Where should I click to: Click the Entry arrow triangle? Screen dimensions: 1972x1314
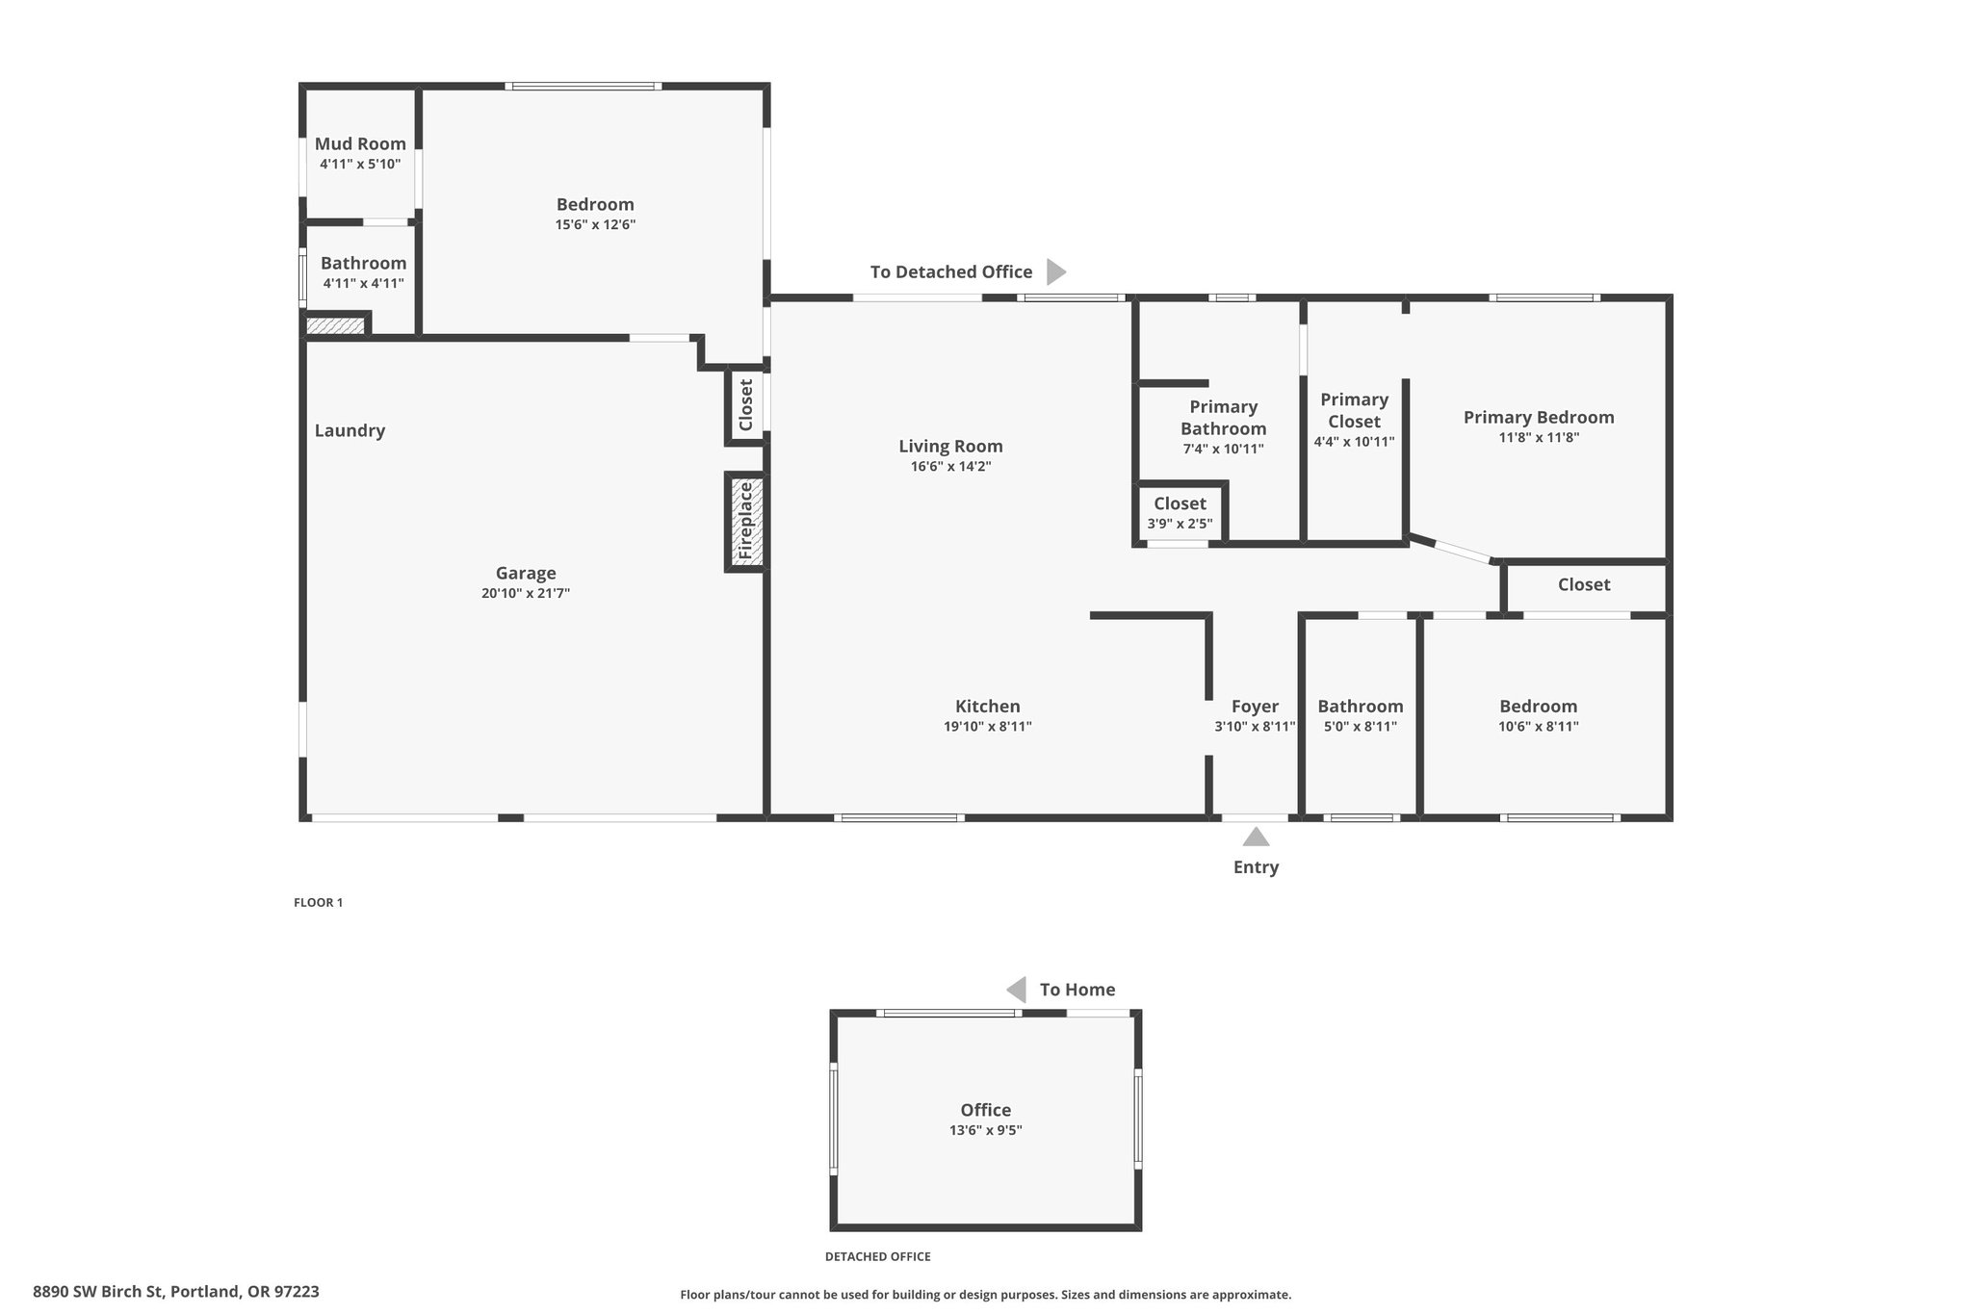[1256, 837]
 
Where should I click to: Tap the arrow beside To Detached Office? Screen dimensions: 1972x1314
[1056, 271]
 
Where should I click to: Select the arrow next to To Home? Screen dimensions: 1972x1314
[1016, 990]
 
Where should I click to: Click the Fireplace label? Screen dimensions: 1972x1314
[745, 521]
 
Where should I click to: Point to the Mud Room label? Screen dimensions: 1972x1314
[360, 143]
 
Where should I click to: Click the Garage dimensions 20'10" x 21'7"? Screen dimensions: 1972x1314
[526, 594]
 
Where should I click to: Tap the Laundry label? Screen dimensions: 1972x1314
[350, 430]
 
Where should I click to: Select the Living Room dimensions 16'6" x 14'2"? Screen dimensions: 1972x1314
[951, 467]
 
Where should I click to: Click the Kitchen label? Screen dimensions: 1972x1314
[988, 706]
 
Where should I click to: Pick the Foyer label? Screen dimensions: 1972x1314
[1256, 707]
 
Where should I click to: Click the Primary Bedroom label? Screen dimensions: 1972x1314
[1539, 417]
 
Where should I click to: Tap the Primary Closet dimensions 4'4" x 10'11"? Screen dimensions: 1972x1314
[1354, 442]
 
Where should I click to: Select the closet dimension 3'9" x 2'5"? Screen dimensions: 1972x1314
[1181, 525]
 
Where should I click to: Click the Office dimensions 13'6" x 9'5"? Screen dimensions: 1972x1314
[986, 1130]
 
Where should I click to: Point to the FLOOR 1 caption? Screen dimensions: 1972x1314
[318, 903]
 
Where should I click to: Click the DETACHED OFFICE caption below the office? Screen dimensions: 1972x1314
[878, 1256]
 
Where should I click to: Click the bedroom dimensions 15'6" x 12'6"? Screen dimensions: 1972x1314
[595, 225]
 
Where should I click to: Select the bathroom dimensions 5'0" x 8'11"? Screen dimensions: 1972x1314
[1361, 727]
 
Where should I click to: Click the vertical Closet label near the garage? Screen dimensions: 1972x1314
[745, 404]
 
